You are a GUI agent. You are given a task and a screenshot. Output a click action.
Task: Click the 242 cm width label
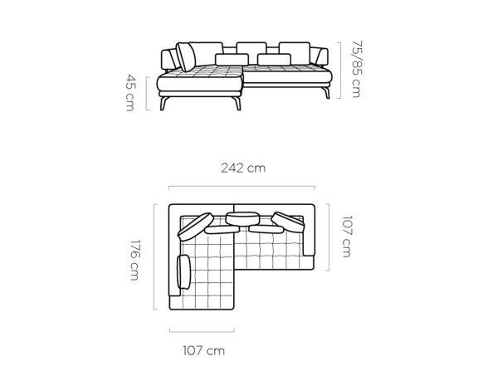[243, 168]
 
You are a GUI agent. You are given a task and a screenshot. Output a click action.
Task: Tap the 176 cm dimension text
[134, 260]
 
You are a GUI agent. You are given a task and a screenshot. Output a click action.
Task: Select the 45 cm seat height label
[131, 92]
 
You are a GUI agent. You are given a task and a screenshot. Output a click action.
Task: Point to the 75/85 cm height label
[356, 69]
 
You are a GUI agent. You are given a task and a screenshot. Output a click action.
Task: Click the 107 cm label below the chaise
[203, 350]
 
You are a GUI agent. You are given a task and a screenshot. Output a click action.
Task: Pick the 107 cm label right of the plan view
[347, 237]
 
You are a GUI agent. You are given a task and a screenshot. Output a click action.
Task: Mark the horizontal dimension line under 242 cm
[242, 187]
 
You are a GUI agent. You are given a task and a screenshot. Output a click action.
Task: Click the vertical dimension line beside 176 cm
[154, 256]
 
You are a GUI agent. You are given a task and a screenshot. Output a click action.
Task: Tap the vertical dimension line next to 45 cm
[147, 93]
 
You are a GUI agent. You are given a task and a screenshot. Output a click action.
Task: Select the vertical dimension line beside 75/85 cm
[340, 71]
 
